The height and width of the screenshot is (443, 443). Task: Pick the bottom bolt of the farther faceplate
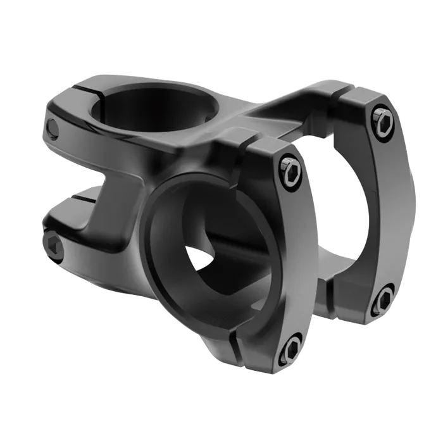click(384, 301)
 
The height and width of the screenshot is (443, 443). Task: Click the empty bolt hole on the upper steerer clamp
click(53, 129)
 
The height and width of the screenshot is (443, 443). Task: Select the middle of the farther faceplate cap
click(389, 209)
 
